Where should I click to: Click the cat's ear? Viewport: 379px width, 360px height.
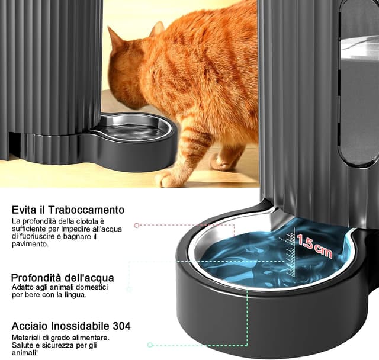[x=158, y=30]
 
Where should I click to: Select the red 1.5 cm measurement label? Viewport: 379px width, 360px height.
[x=314, y=245]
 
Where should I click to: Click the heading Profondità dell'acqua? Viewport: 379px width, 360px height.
[x=63, y=278]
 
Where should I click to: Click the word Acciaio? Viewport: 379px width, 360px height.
[x=29, y=326]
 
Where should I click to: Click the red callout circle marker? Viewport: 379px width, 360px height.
[x=137, y=226]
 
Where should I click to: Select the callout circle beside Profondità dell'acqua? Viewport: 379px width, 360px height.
[x=129, y=290]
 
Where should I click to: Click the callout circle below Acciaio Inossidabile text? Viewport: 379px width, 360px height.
[x=150, y=344]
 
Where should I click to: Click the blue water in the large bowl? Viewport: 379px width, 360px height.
[x=249, y=261]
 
